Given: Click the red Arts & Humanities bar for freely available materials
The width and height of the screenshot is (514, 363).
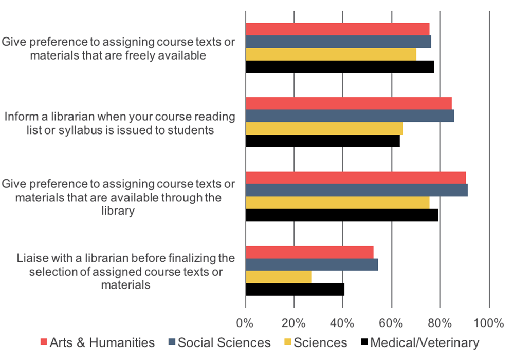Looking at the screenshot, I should [x=337, y=29].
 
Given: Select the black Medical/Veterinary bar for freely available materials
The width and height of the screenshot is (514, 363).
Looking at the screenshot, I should [x=340, y=67].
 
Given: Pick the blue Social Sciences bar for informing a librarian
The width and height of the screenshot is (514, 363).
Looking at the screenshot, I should [x=350, y=116].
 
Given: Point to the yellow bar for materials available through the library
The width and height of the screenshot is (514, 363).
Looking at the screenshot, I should [x=337, y=203].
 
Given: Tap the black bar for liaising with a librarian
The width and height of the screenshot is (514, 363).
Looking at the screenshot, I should [x=295, y=289].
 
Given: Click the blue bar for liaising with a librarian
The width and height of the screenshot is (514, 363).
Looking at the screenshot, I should [x=311, y=264].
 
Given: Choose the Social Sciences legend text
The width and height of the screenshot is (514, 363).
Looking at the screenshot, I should [x=224, y=342].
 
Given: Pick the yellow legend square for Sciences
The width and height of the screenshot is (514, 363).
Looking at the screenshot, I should [x=287, y=342].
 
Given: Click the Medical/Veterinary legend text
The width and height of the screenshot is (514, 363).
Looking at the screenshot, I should [x=425, y=342].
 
